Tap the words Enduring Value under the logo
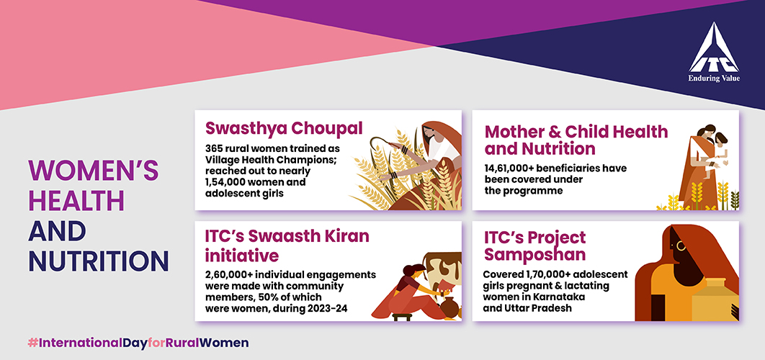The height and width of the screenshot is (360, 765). click(x=714, y=78)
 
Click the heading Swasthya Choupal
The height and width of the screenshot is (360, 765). click(x=284, y=129)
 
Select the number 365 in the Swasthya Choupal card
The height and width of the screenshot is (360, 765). click(x=214, y=148)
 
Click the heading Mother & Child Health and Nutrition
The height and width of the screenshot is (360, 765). click(x=576, y=140)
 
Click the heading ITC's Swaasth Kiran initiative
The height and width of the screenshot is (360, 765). click(x=287, y=245)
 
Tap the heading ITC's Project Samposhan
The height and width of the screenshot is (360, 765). click(x=535, y=246)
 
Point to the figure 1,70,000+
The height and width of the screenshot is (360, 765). click(x=545, y=274)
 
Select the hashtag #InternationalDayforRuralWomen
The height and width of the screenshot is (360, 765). click(x=138, y=343)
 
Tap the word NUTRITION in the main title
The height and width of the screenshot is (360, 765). click(x=99, y=261)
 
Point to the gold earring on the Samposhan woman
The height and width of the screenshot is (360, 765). click(x=681, y=246)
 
